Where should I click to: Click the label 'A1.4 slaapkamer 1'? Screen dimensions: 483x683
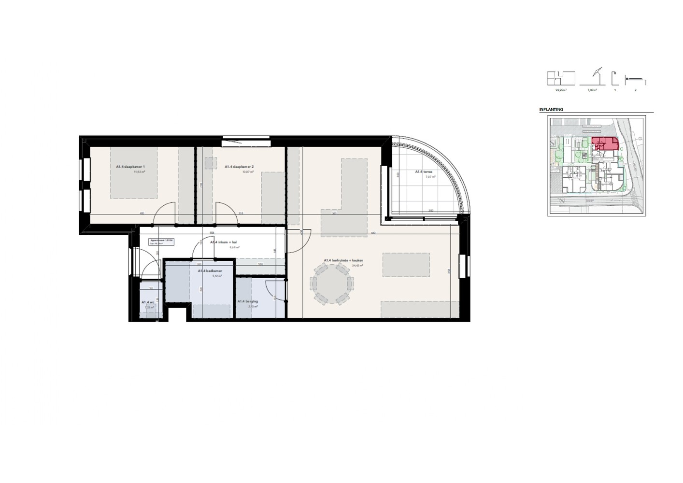pyautogui.click(x=130, y=167)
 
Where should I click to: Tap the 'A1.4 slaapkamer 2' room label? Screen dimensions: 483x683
pyautogui.click(x=239, y=167)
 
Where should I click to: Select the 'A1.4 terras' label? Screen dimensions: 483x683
pyautogui.click(x=423, y=171)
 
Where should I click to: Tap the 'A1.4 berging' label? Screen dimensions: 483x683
pyautogui.click(x=247, y=301)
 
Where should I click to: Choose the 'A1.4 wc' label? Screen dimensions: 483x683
pyautogui.click(x=148, y=302)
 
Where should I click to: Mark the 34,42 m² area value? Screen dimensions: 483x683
pyautogui.click(x=357, y=266)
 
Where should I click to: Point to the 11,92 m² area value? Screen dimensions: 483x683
pyautogui.click(x=140, y=171)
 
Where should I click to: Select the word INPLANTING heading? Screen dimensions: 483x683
pyautogui.click(x=551, y=110)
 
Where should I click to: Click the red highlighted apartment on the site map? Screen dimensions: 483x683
pyautogui.click(x=605, y=144)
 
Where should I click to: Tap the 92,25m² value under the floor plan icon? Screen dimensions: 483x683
pyautogui.click(x=560, y=90)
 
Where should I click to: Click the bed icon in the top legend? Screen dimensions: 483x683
pyautogui.click(x=635, y=80)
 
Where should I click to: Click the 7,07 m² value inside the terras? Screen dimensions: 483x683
pyautogui.click(x=430, y=177)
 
